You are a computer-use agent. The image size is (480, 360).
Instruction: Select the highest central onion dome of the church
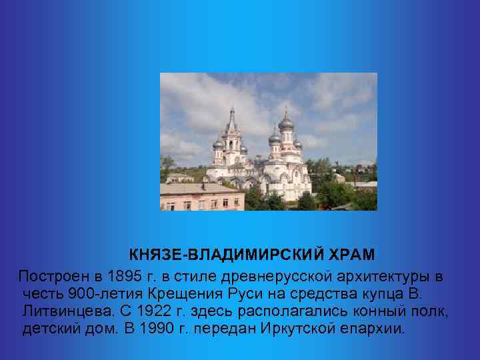coord(286,122)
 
